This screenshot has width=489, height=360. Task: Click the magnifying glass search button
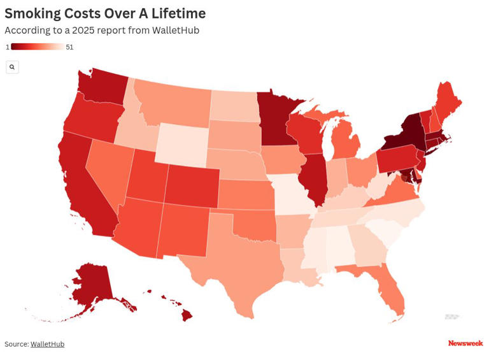tap(12, 67)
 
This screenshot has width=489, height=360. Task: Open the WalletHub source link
tap(47, 344)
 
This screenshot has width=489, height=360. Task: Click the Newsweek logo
tap(465, 343)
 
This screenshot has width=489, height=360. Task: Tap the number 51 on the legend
tap(69, 47)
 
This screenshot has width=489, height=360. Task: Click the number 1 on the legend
tap(8, 47)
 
